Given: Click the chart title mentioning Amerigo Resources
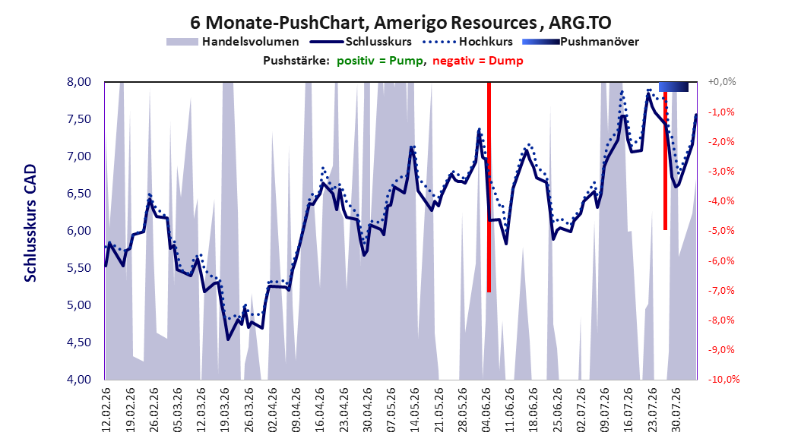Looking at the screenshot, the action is [400, 23].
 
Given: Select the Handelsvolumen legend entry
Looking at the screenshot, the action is [233, 42].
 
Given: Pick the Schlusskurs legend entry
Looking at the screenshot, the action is [360, 42].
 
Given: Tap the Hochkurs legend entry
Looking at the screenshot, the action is [467, 42].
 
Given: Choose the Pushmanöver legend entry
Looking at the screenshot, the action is [581, 42].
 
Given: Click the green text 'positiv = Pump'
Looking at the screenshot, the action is [380, 61].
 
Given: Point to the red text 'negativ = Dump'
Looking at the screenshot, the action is [478, 61].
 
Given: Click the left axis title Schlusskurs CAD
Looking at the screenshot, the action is [30, 223].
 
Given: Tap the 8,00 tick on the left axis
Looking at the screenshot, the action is [79, 82].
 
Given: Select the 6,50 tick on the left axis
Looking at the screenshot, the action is [79, 194].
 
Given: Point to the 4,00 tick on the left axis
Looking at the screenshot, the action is [79, 379].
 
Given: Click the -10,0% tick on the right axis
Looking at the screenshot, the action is [723, 379].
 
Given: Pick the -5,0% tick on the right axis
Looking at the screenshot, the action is [721, 231].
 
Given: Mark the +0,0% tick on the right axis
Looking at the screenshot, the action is [722, 82].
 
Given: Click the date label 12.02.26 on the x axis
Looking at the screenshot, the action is [106, 410].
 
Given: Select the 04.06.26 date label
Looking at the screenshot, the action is [486, 410].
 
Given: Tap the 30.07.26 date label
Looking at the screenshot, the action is [676, 410].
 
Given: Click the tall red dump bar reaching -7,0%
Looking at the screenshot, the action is [489, 187].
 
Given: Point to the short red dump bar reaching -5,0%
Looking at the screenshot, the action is [665, 161].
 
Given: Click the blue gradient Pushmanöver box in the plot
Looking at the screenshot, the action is [674, 87].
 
